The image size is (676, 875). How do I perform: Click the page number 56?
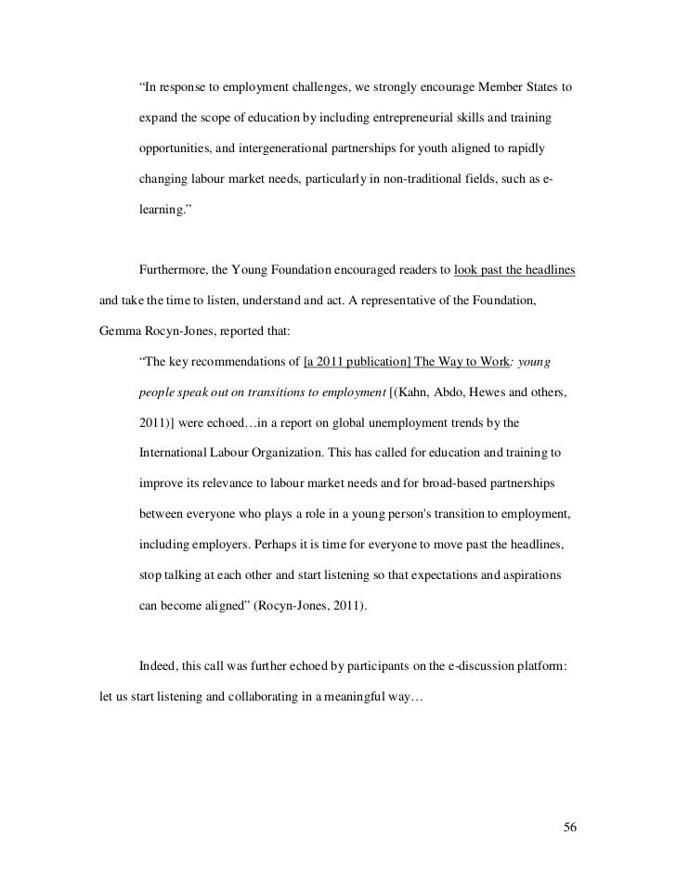point(571,827)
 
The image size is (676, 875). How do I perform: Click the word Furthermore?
point(174,271)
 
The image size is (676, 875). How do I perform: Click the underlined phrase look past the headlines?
point(514,271)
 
